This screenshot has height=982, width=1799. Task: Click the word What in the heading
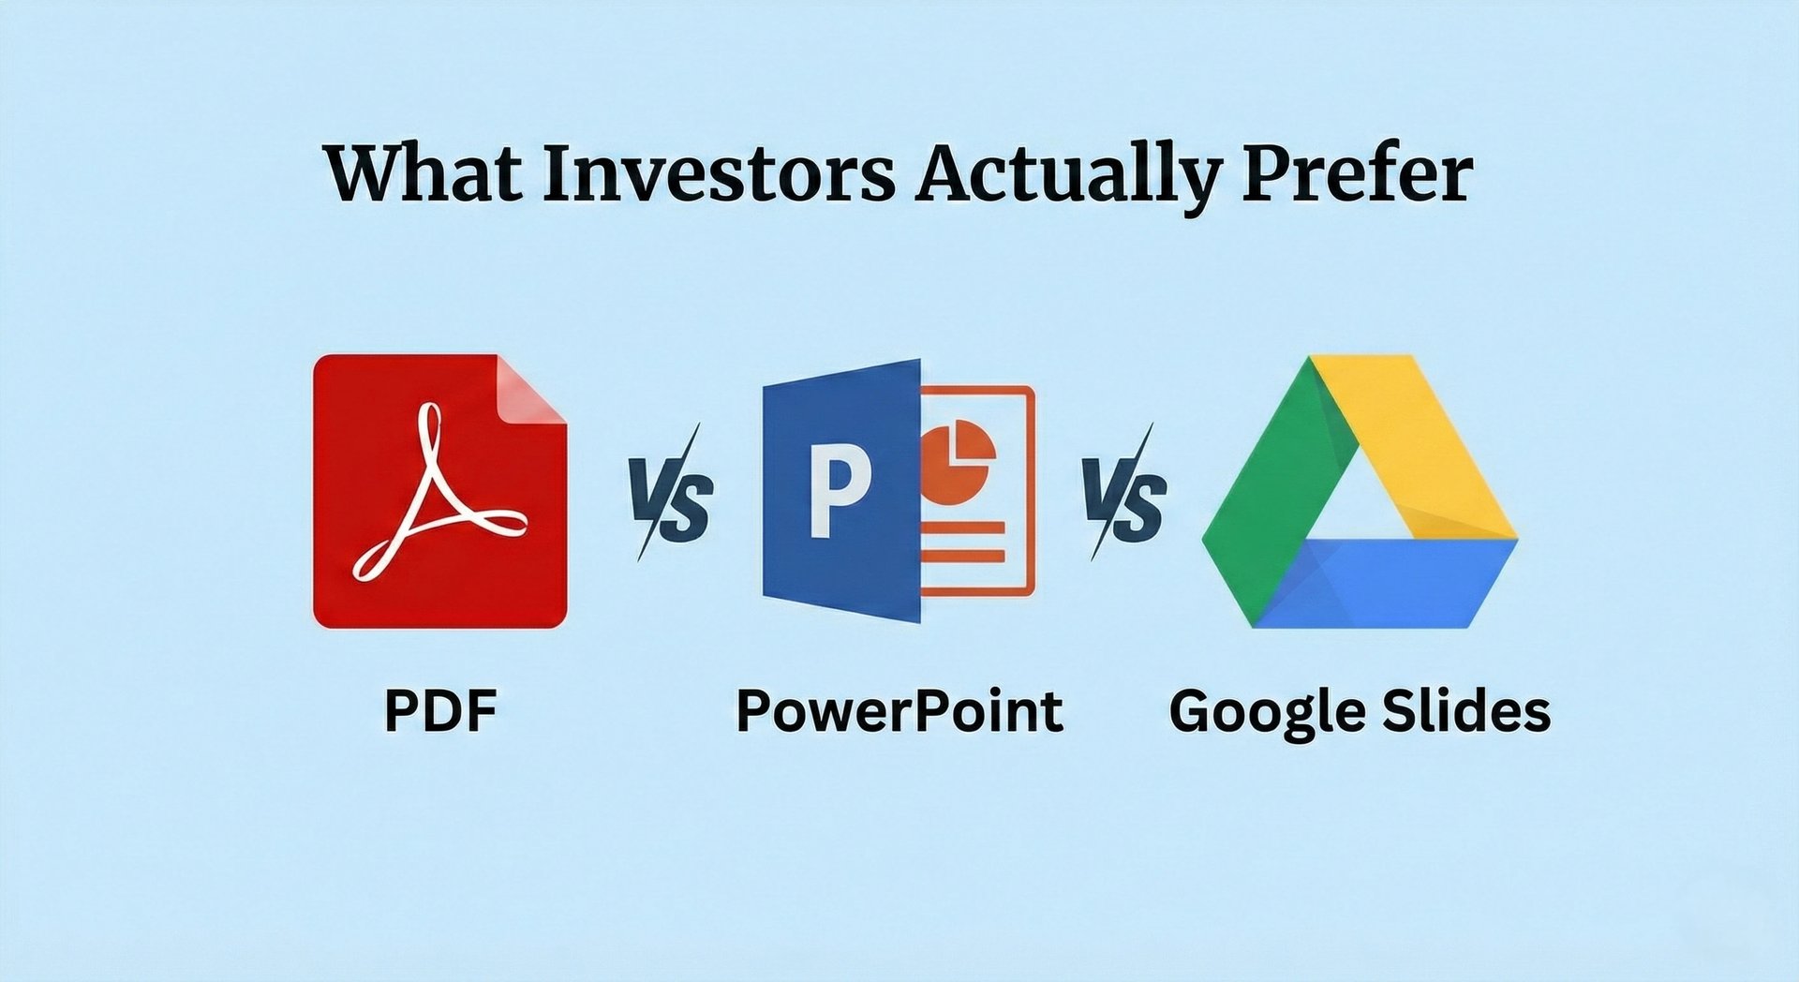click(423, 173)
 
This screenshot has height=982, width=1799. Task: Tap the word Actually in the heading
click(1068, 175)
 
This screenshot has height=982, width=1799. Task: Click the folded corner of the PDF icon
click(532, 388)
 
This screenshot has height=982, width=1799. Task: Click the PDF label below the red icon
click(440, 710)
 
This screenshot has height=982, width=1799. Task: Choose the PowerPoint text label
click(899, 710)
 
